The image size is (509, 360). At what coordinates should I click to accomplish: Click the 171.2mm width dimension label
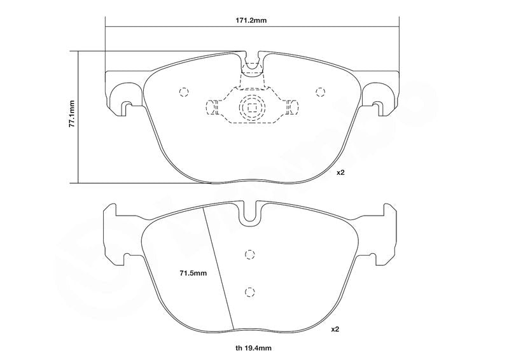click(x=251, y=20)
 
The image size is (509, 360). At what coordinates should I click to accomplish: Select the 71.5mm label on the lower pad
click(x=193, y=273)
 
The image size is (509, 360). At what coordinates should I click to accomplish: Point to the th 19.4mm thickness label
click(x=253, y=349)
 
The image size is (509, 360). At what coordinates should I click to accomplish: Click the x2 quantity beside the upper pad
click(x=340, y=173)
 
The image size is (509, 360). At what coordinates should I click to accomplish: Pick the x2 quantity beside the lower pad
click(x=335, y=329)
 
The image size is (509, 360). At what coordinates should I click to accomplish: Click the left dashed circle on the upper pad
click(x=184, y=92)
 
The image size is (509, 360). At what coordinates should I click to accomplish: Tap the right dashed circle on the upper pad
click(x=321, y=92)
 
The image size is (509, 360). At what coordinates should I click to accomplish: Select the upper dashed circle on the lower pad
click(x=249, y=255)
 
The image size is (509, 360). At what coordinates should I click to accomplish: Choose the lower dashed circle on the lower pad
click(x=249, y=292)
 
